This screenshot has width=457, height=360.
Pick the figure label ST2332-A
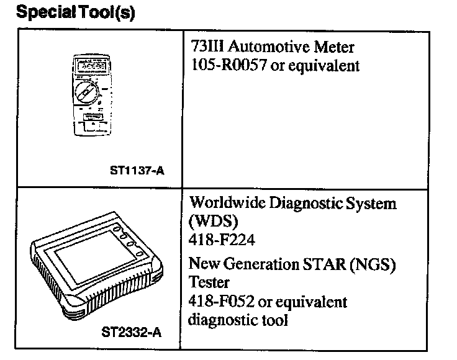(131, 333)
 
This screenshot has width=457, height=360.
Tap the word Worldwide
(220, 203)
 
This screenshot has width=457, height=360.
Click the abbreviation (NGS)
(374, 265)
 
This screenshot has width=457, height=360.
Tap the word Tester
(208, 282)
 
